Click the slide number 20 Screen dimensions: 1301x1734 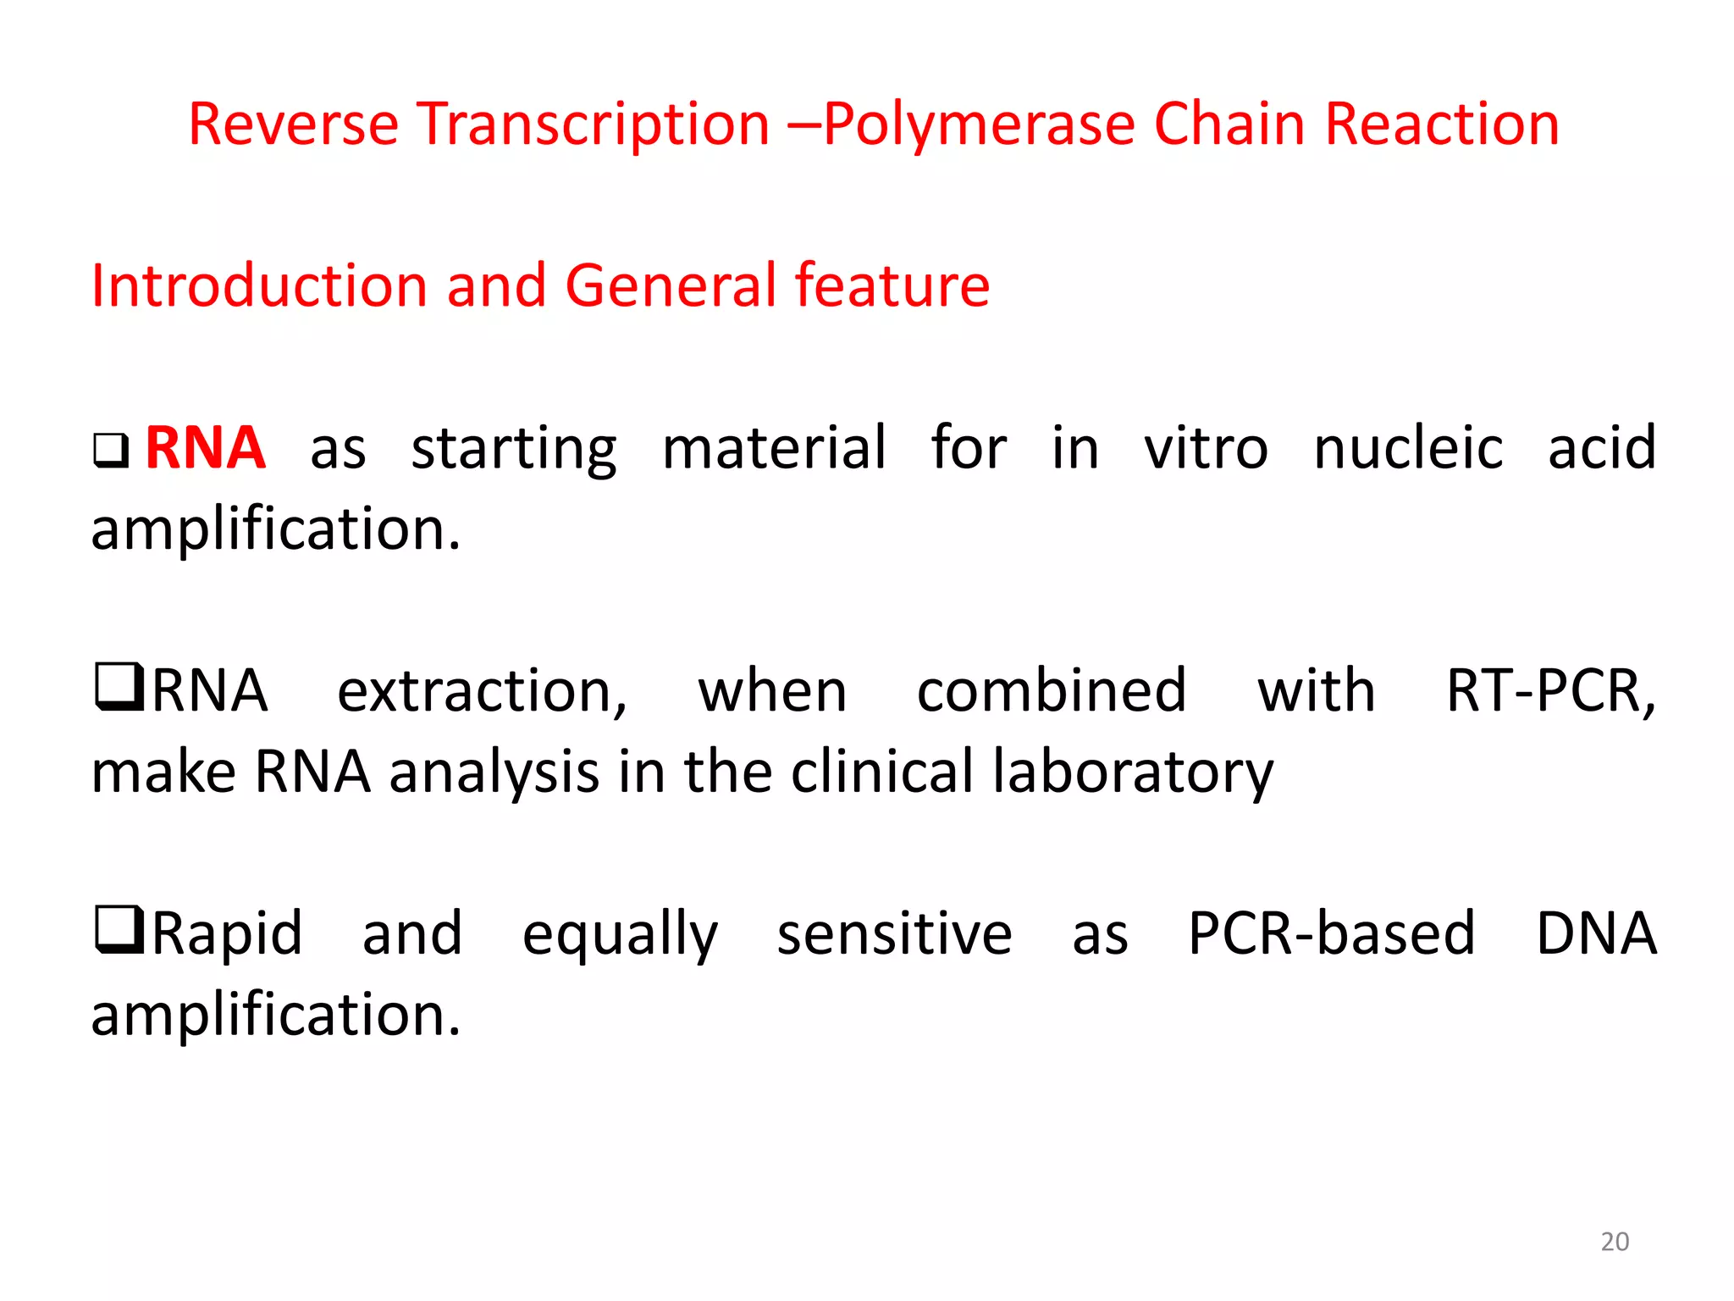tap(1614, 1241)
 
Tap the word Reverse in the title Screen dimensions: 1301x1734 tap(293, 125)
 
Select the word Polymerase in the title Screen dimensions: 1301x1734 tap(978, 125)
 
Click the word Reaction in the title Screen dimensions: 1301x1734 tap(1442, 125)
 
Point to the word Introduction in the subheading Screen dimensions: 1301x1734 tap(259, 285)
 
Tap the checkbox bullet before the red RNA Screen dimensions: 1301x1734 tap(111, 451)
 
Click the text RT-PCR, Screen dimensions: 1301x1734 tap(1550, 690)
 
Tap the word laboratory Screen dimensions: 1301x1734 tap(1132, 772)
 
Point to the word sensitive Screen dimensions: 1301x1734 tap(894, 933)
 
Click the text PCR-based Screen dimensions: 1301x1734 tap(1331, 933)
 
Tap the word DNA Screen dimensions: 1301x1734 tap(1596, 933)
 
